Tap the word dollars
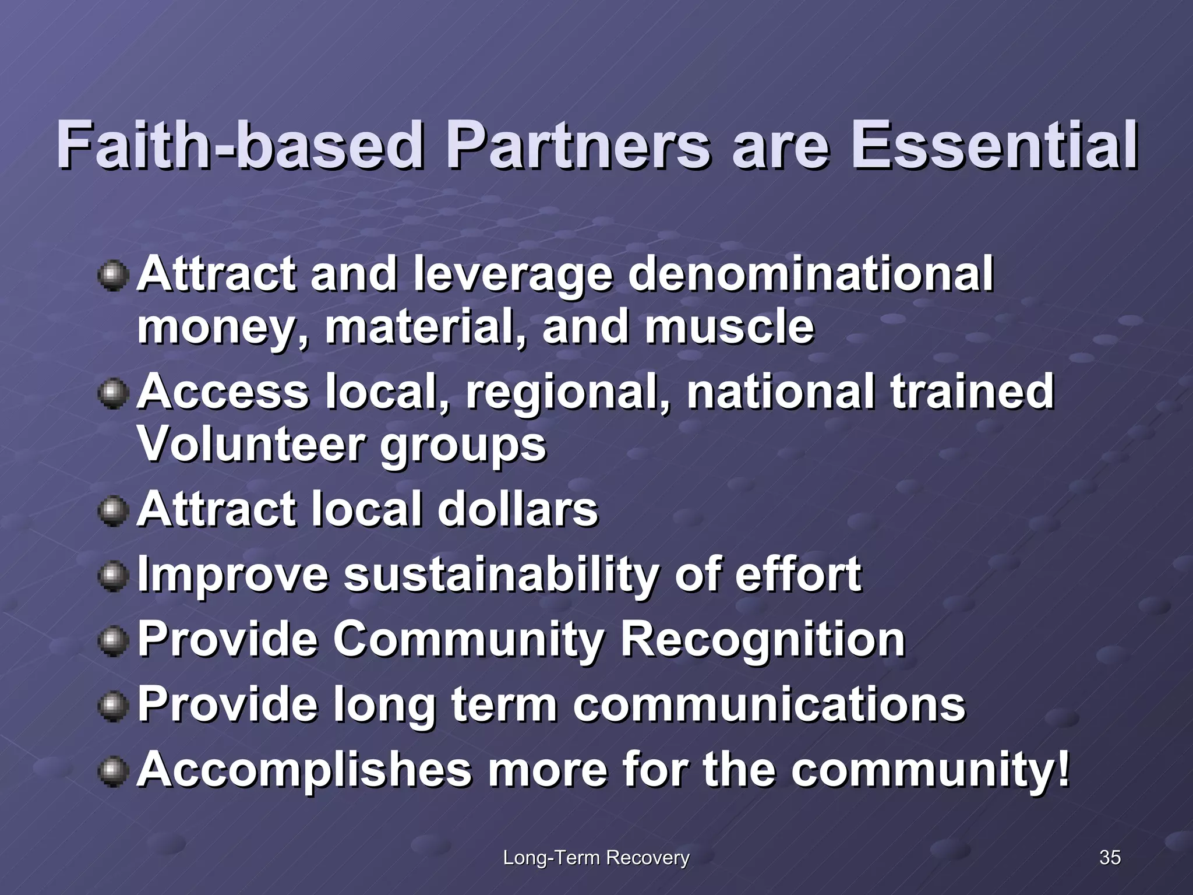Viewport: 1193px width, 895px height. [x=517, y=509]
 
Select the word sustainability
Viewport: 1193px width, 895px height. [x=502, y=575]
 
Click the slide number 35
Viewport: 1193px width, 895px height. [x=1110, y=857]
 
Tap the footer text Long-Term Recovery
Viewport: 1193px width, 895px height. [x=596, y=857]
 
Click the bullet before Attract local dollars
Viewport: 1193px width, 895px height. [x=113, y=511]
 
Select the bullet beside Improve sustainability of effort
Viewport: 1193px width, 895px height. [x=113, y=576]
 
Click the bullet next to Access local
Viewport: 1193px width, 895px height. [x=113, y=394]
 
